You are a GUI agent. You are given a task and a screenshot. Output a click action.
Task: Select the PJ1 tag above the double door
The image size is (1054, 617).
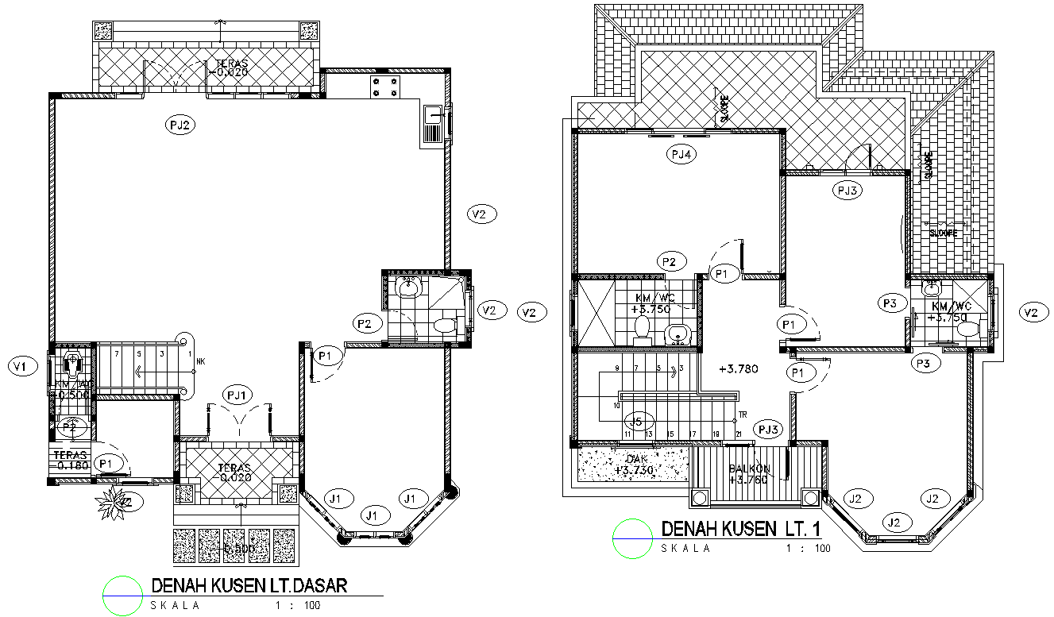(x=239, y=394)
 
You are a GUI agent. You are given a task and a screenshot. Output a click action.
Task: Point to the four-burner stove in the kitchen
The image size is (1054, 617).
(x=384, y=87)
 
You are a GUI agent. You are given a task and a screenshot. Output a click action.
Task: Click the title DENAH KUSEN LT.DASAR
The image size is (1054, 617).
(x=249, y=586)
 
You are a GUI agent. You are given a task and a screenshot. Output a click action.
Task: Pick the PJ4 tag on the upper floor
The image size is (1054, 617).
(x=681, y=156)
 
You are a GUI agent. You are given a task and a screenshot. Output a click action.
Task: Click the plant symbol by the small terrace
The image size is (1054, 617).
(x=109, y=503)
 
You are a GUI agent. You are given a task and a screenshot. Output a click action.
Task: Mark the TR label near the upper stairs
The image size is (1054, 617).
(x=743, y=415)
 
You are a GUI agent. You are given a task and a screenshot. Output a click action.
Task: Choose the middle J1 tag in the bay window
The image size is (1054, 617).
(x=373, y=515)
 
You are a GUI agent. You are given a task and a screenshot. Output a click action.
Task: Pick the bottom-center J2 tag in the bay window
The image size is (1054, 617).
(x=895, y=522)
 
